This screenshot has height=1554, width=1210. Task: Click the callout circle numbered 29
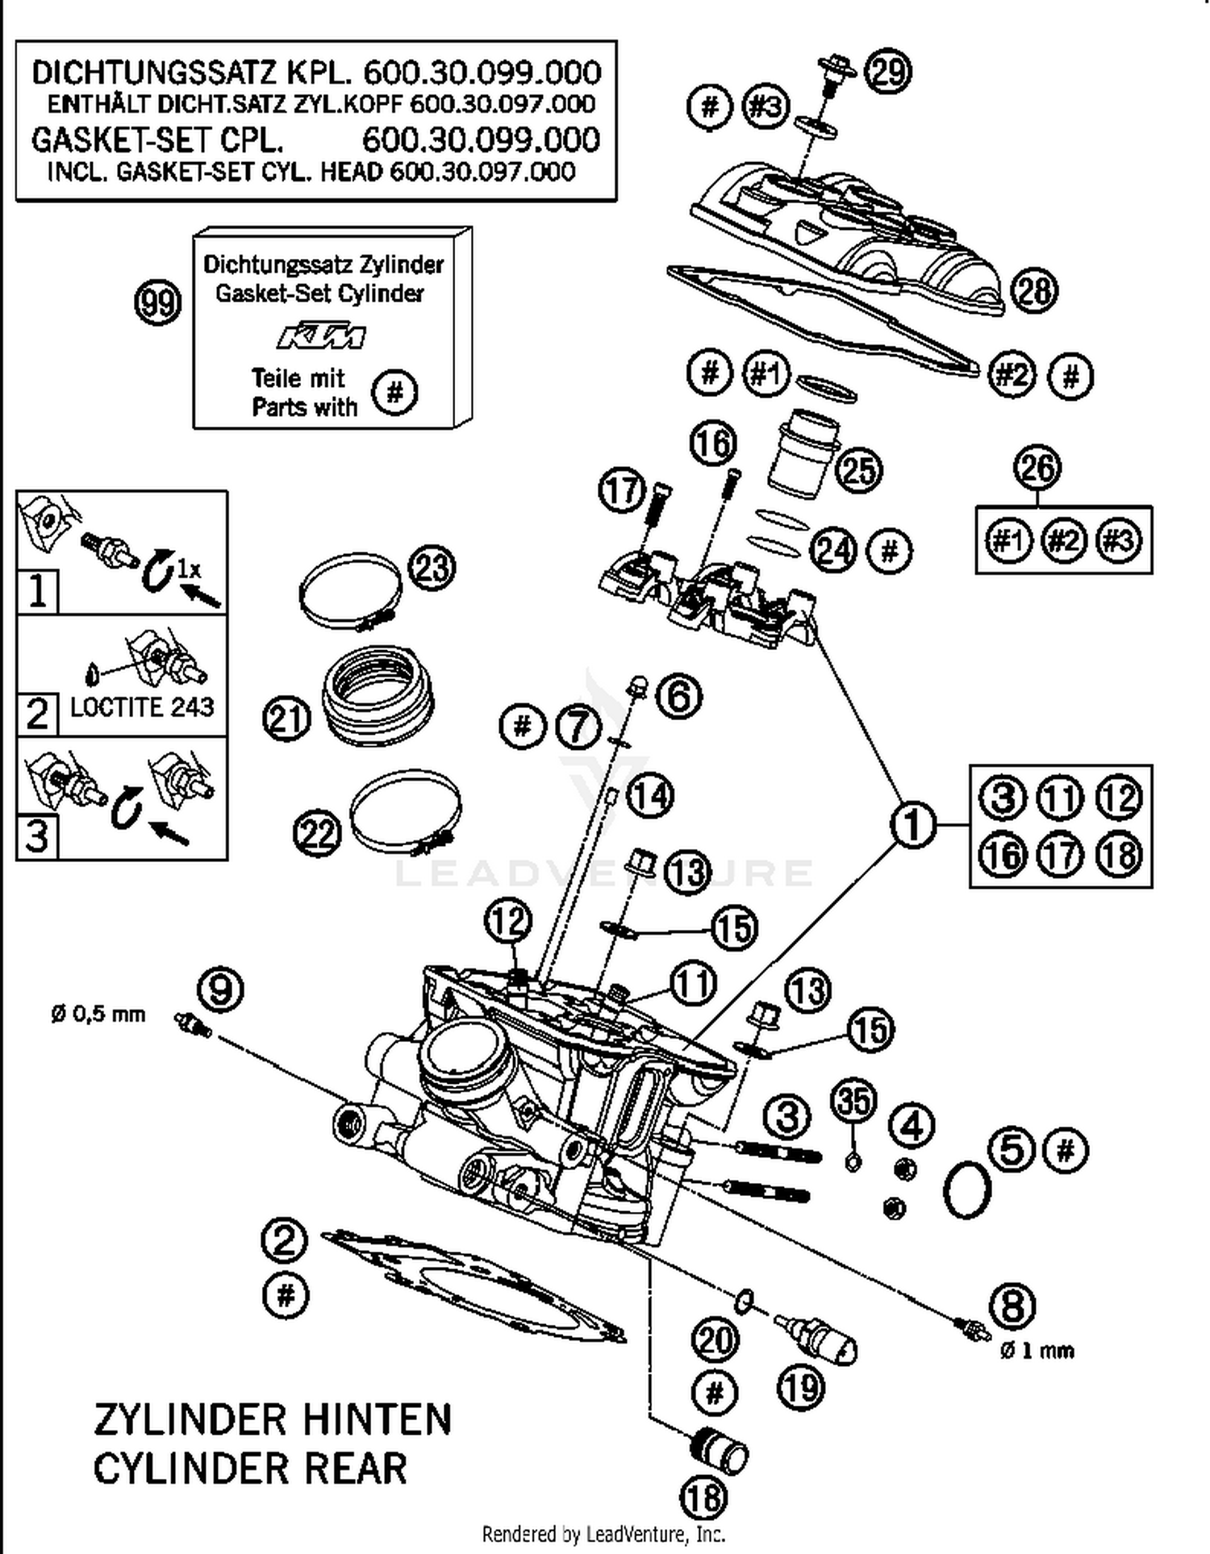point(887,71)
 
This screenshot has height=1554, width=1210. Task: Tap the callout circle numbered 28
point(1033,290)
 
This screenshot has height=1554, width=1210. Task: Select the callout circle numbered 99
point(157,303)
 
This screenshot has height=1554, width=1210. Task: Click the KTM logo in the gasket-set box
point(321,336)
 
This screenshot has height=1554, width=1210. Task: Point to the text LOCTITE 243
point(142,707)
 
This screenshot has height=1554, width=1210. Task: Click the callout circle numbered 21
point(286,719)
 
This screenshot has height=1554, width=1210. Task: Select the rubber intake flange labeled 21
point(378,694)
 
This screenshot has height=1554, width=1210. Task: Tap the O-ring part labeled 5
point(966,1189)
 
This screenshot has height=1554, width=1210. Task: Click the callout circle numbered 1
point(913,824)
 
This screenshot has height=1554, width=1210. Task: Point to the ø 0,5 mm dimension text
point(98,1014)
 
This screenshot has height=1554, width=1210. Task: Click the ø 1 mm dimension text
point(1037,1350)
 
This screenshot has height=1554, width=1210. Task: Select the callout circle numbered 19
point(800,1387)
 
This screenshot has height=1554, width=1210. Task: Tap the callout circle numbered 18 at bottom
point(704,1498)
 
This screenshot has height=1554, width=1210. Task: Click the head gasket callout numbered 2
point(285,1239)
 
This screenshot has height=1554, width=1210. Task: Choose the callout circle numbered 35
point(853,1101)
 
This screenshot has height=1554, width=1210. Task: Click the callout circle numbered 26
point(1037,467)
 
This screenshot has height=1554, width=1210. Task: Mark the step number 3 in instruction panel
point(36,836)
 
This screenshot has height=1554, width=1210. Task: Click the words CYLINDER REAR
point(250,1468)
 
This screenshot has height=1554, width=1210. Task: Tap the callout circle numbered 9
point(220,989)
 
